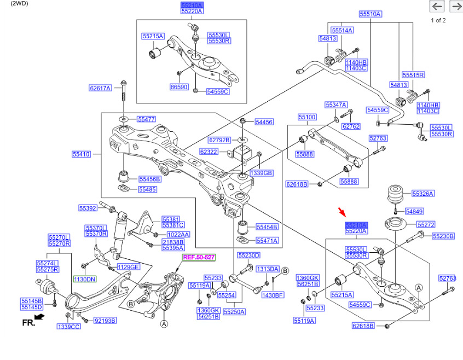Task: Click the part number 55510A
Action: [371, 14]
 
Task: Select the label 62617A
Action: [100, 88]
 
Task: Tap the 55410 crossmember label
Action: [81, 154]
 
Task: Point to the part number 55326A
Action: [423, 194]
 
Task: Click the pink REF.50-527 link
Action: [199, 257]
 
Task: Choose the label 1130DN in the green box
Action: [85, 279]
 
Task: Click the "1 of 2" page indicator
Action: [438, 21]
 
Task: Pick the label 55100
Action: [307, 117]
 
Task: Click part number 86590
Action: [179, 86]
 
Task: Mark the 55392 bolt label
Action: [88, 208]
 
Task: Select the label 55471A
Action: [268, 240]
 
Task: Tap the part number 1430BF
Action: [273, 295]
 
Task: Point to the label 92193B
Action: [105, 321]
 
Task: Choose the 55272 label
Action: [426, 224]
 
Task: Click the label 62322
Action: [209, 152]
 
